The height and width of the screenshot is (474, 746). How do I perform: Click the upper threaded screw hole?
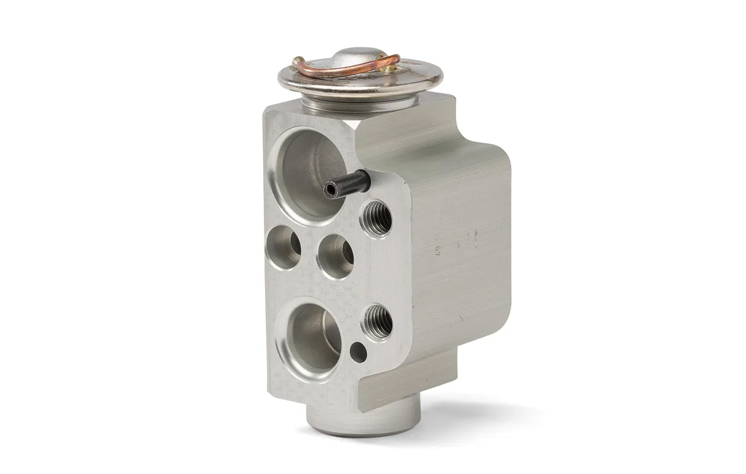[377, 217]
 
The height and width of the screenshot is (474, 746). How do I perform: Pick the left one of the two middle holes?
[283, 245]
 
